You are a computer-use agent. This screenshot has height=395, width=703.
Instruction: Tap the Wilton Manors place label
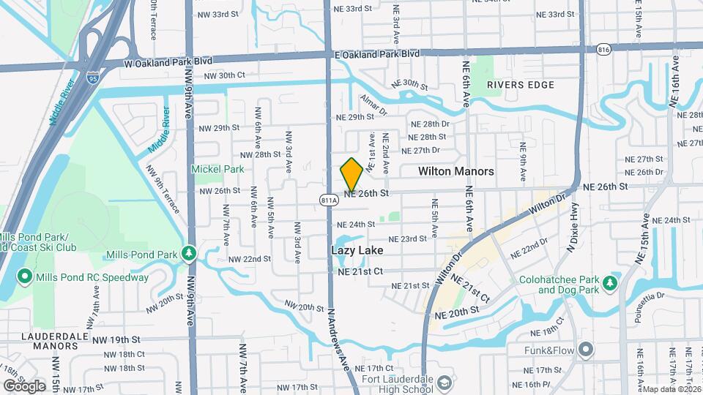coord(455,171)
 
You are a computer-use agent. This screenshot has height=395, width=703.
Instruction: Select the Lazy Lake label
coord(357,249)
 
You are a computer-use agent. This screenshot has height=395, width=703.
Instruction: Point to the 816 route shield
coord(603,50)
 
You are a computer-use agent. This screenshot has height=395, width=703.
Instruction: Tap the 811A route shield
coord(329,200)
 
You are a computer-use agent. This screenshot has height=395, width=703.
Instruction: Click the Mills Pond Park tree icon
coord(190,253)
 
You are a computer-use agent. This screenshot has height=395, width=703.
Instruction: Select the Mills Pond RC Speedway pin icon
coord(23,277)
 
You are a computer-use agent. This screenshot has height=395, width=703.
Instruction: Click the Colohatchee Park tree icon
coord(608,282)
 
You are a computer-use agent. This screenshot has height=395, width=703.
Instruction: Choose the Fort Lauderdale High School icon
coord(445,383)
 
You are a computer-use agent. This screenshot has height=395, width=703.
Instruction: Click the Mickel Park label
coord(217,169)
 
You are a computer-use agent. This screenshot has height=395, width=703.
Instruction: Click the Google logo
coord(24,385)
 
